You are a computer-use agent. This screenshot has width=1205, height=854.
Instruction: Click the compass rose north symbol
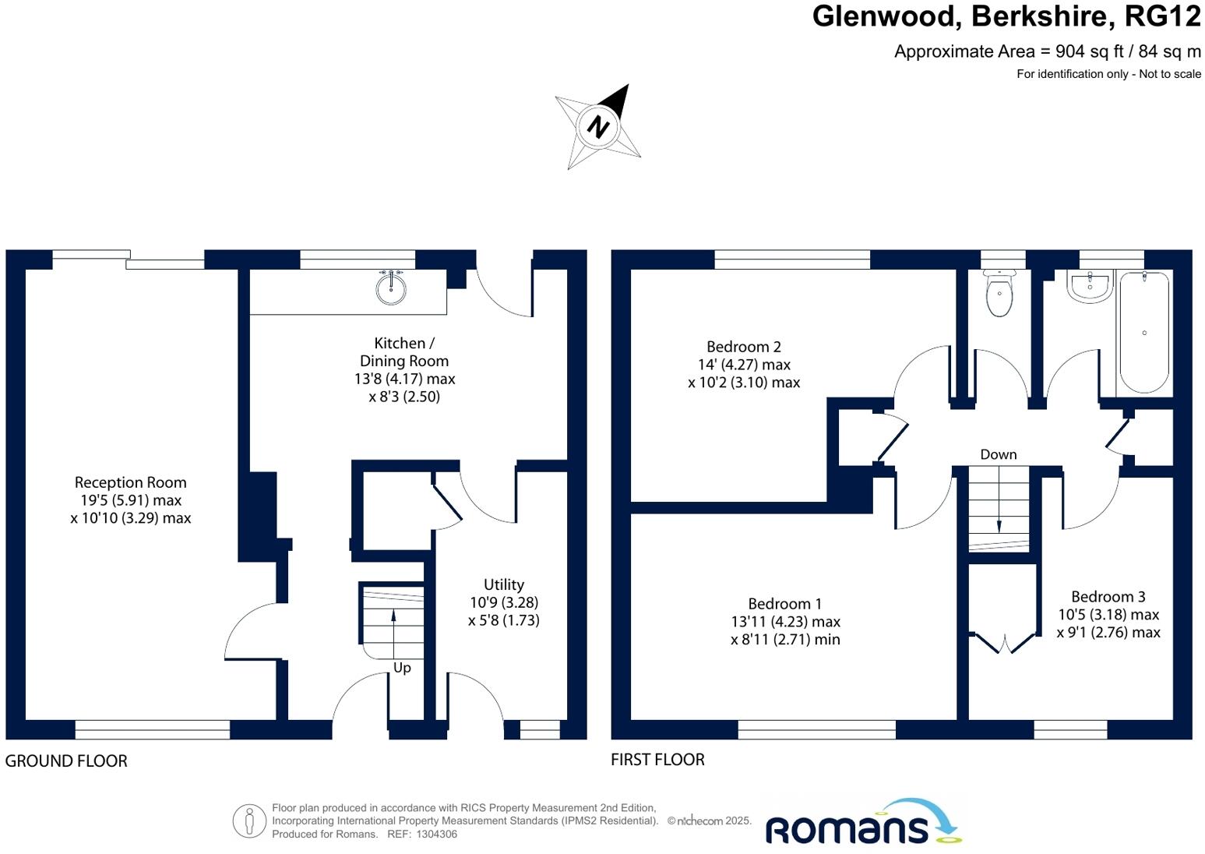point(598,126)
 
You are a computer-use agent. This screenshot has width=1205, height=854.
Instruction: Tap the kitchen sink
point(390,288)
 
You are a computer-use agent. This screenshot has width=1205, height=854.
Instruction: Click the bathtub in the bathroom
point(1143,333)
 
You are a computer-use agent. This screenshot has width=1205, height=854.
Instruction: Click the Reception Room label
point(130,482)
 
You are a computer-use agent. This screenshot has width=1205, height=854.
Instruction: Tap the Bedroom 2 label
point(743,347)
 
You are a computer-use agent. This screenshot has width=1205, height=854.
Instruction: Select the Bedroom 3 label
point(1108,597)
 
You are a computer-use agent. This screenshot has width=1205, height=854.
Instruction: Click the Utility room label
point(503,584)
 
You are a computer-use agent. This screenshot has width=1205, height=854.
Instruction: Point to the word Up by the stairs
point(402,668)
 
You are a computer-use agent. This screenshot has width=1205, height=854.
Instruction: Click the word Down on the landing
point(998,454)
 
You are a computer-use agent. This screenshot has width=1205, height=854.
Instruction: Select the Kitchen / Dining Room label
point(403,352)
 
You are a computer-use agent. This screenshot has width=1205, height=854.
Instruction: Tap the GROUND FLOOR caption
point(66,761)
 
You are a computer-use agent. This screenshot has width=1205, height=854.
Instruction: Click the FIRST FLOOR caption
point(657,760)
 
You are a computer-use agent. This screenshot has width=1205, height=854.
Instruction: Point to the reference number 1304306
point(438,834)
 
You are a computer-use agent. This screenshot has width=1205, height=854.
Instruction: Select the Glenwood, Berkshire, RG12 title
point(1006,16)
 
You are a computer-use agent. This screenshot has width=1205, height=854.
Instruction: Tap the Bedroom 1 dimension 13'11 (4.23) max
point(785,622)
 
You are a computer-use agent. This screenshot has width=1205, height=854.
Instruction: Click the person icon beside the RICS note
point(249,820)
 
